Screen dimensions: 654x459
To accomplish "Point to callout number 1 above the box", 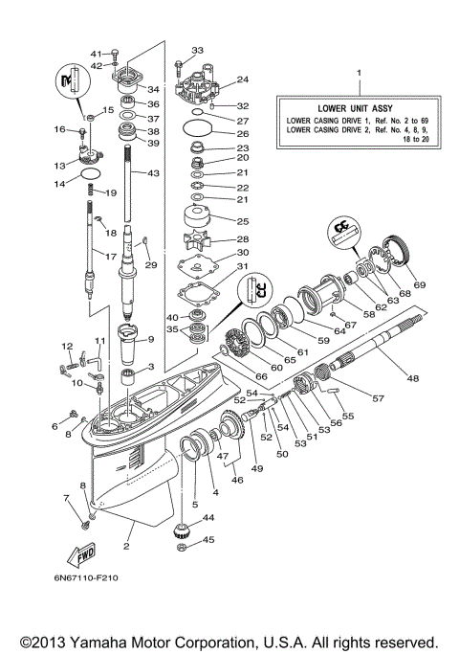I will coord(360,73).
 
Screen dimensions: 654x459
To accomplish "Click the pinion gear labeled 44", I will coord(181,533).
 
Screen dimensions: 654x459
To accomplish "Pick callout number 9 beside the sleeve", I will coord(149,339).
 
